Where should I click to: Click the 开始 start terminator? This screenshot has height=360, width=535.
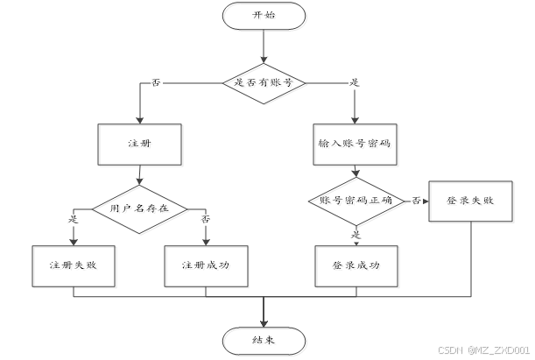point(264,16)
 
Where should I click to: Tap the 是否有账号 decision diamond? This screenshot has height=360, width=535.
point(264,83)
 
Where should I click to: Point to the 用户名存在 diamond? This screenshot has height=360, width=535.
point(140,208)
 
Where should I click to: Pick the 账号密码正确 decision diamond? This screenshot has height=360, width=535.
point(355,201)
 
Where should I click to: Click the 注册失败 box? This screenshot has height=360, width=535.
point(73,265)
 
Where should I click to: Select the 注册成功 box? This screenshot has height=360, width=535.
point(207,265)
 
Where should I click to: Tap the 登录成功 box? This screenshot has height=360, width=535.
point(355,265)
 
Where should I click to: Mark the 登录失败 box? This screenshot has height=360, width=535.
point(470,201)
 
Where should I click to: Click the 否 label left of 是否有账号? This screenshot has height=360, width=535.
point(156,82)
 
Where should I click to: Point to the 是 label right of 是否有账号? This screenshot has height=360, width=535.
point(355,82)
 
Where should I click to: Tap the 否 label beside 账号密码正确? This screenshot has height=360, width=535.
point(417,201)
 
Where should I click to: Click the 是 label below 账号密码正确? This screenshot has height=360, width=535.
point(355,235)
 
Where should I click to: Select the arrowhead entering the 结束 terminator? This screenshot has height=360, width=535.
point(264,321)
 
